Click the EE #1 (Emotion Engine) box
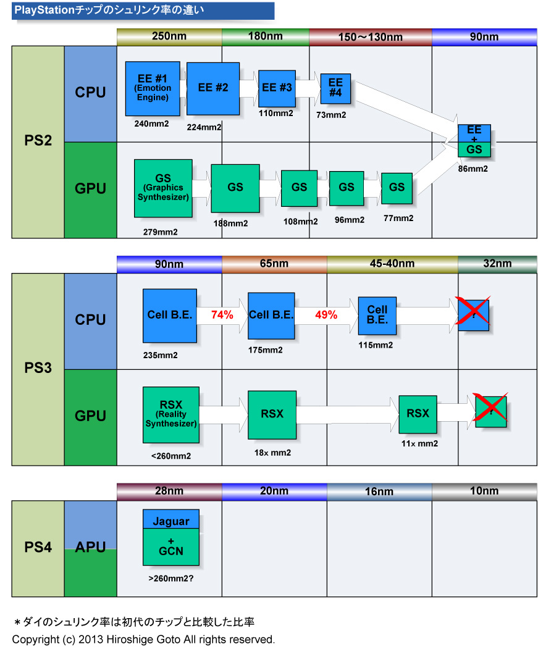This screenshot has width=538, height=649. click(x=153, y=88)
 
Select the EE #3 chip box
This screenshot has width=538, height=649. click(x=277, y=88)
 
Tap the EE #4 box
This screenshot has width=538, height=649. click(x=335, y=88)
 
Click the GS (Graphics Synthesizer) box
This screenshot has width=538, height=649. click(x=163, y=188)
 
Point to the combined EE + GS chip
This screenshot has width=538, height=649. click(x=474, y=141)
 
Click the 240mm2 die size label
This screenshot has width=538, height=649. click(x=152, y=124)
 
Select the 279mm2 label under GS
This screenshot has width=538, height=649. click(x=160, y=232)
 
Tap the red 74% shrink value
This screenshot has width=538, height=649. click(x=222, y=315)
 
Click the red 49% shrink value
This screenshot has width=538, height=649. click(x=326, y=315)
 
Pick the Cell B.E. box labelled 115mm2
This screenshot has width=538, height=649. click(x=377, y=316)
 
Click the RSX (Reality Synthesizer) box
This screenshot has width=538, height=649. click(x=170, y=414)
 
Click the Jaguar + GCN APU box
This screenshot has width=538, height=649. click(x=170, y=537)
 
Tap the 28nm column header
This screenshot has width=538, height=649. click(x=169, y=491)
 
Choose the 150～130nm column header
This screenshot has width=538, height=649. click(x=370, y=37)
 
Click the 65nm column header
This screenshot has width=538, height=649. click(x=274, y=264)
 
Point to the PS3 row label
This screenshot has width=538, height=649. click(x=38, y=369)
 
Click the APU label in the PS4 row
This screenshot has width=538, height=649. click(x=90, y=547)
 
